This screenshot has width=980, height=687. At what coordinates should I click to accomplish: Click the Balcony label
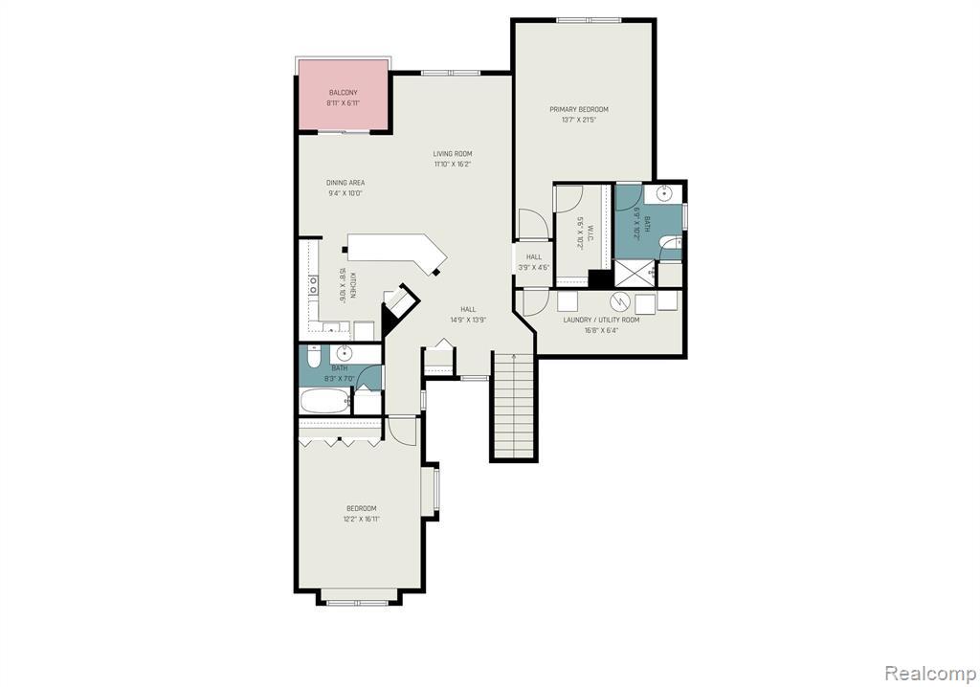pyautogui.click(x=343, y=93)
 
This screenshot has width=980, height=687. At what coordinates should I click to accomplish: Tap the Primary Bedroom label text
pyautogui.click(x=578, y=109)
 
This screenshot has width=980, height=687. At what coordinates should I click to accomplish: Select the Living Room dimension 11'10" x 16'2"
pyautogui.click(x=452, y=164)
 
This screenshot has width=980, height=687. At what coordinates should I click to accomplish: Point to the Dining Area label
pyautogui.click(x=345, y=183)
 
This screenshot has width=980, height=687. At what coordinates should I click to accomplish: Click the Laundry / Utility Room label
pyautogui.click(x=601, y=320)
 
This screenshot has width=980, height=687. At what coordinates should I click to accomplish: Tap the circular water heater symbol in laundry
pyautogui.click(x=618, y=301)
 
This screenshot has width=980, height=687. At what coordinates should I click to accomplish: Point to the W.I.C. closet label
pyautogui.click(x=579, y=233)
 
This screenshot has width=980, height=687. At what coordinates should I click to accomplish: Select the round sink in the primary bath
pyautogui.click(x=664, y=194)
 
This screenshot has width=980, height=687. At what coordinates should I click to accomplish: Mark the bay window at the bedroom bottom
pyautogui.click(x=357, y=602)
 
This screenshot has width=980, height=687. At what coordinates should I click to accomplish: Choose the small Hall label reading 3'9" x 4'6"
pyautogui.click(x=533, y=262)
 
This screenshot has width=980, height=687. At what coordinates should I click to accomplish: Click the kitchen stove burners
pyautogui.click(x=313, y=284)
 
